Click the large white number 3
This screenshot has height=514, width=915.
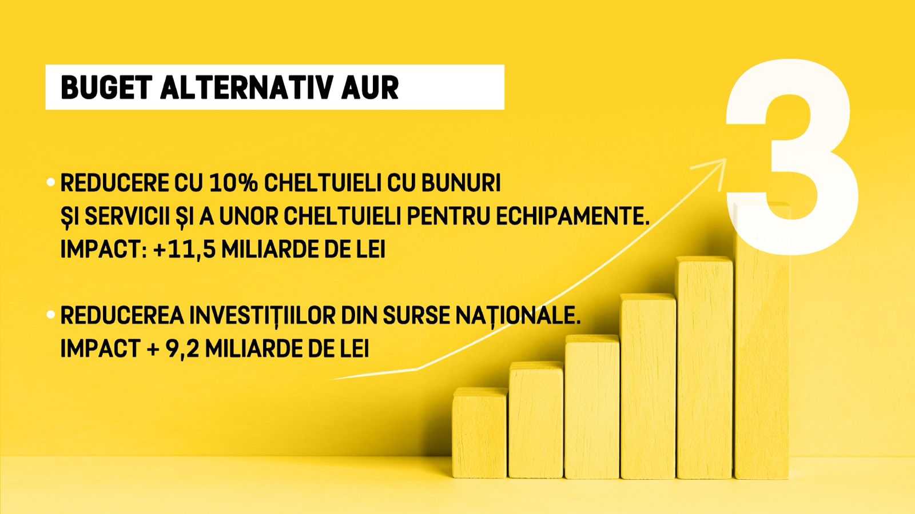click(x=793, y=157)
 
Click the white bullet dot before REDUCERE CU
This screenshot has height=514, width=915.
click(x=51, y=182)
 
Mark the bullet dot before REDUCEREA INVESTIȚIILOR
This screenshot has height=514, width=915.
click(x=51, y=315)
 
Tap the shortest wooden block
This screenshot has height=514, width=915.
click(x=480, y=432)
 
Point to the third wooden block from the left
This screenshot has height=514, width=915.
click(x=592, y=406)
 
